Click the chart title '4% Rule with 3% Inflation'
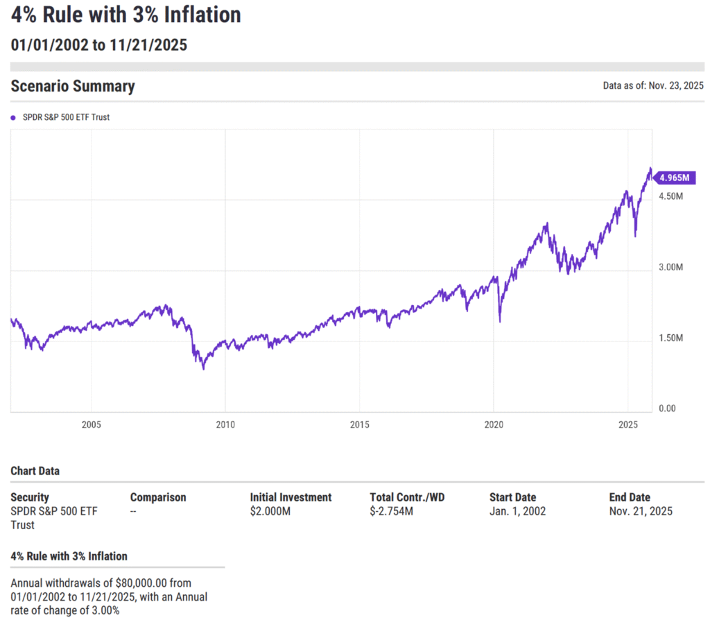[125, 15]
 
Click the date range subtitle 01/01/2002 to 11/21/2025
[98, 45]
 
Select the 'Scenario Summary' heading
[73, 86]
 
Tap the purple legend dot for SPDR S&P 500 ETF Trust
[13, 118]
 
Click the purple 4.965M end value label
[674, 178]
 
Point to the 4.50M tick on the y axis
[670, 197]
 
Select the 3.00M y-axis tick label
[670, 268]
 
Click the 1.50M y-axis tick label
[670, 338]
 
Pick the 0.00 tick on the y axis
[666, 408]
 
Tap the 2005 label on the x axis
[91, 424]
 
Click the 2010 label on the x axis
[225, 424]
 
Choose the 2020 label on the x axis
[493, 424]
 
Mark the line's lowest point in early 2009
[203, 368]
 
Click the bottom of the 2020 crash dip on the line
[500, 321]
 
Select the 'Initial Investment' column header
[291, 497]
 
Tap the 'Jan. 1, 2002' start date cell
[517, 512]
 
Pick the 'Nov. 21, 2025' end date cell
[640, 512]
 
